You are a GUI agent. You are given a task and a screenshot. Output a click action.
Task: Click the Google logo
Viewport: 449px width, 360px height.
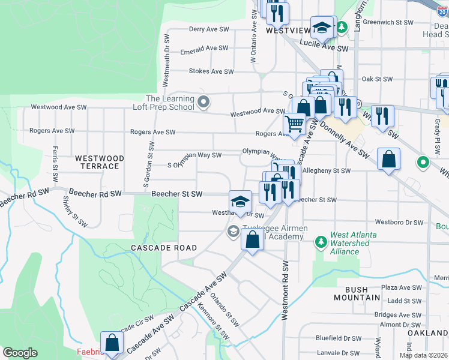tap(20, 353)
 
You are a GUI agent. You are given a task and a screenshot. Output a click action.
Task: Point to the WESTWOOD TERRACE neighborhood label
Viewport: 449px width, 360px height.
tap(100, 162)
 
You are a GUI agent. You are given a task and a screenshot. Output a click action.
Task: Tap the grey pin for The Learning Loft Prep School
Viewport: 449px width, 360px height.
tap(203, 103)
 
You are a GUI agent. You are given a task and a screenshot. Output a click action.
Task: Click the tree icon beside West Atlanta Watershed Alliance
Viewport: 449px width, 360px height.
tap(321, 242)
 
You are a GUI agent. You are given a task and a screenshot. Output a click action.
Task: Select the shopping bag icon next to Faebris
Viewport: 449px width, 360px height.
tap(112, 343)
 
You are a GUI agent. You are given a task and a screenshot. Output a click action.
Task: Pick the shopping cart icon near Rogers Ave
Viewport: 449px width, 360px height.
tap(294, 124)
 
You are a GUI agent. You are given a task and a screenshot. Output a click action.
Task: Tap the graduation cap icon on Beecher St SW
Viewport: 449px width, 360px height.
tap(240, 200)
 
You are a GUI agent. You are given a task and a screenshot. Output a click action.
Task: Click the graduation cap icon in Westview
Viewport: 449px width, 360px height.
tap(323, 27)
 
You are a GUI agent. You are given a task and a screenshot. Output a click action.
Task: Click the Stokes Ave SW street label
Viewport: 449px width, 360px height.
tap(211, 71)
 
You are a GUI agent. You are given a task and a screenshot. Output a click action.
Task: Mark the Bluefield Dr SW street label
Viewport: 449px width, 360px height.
tap(339, 338)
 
